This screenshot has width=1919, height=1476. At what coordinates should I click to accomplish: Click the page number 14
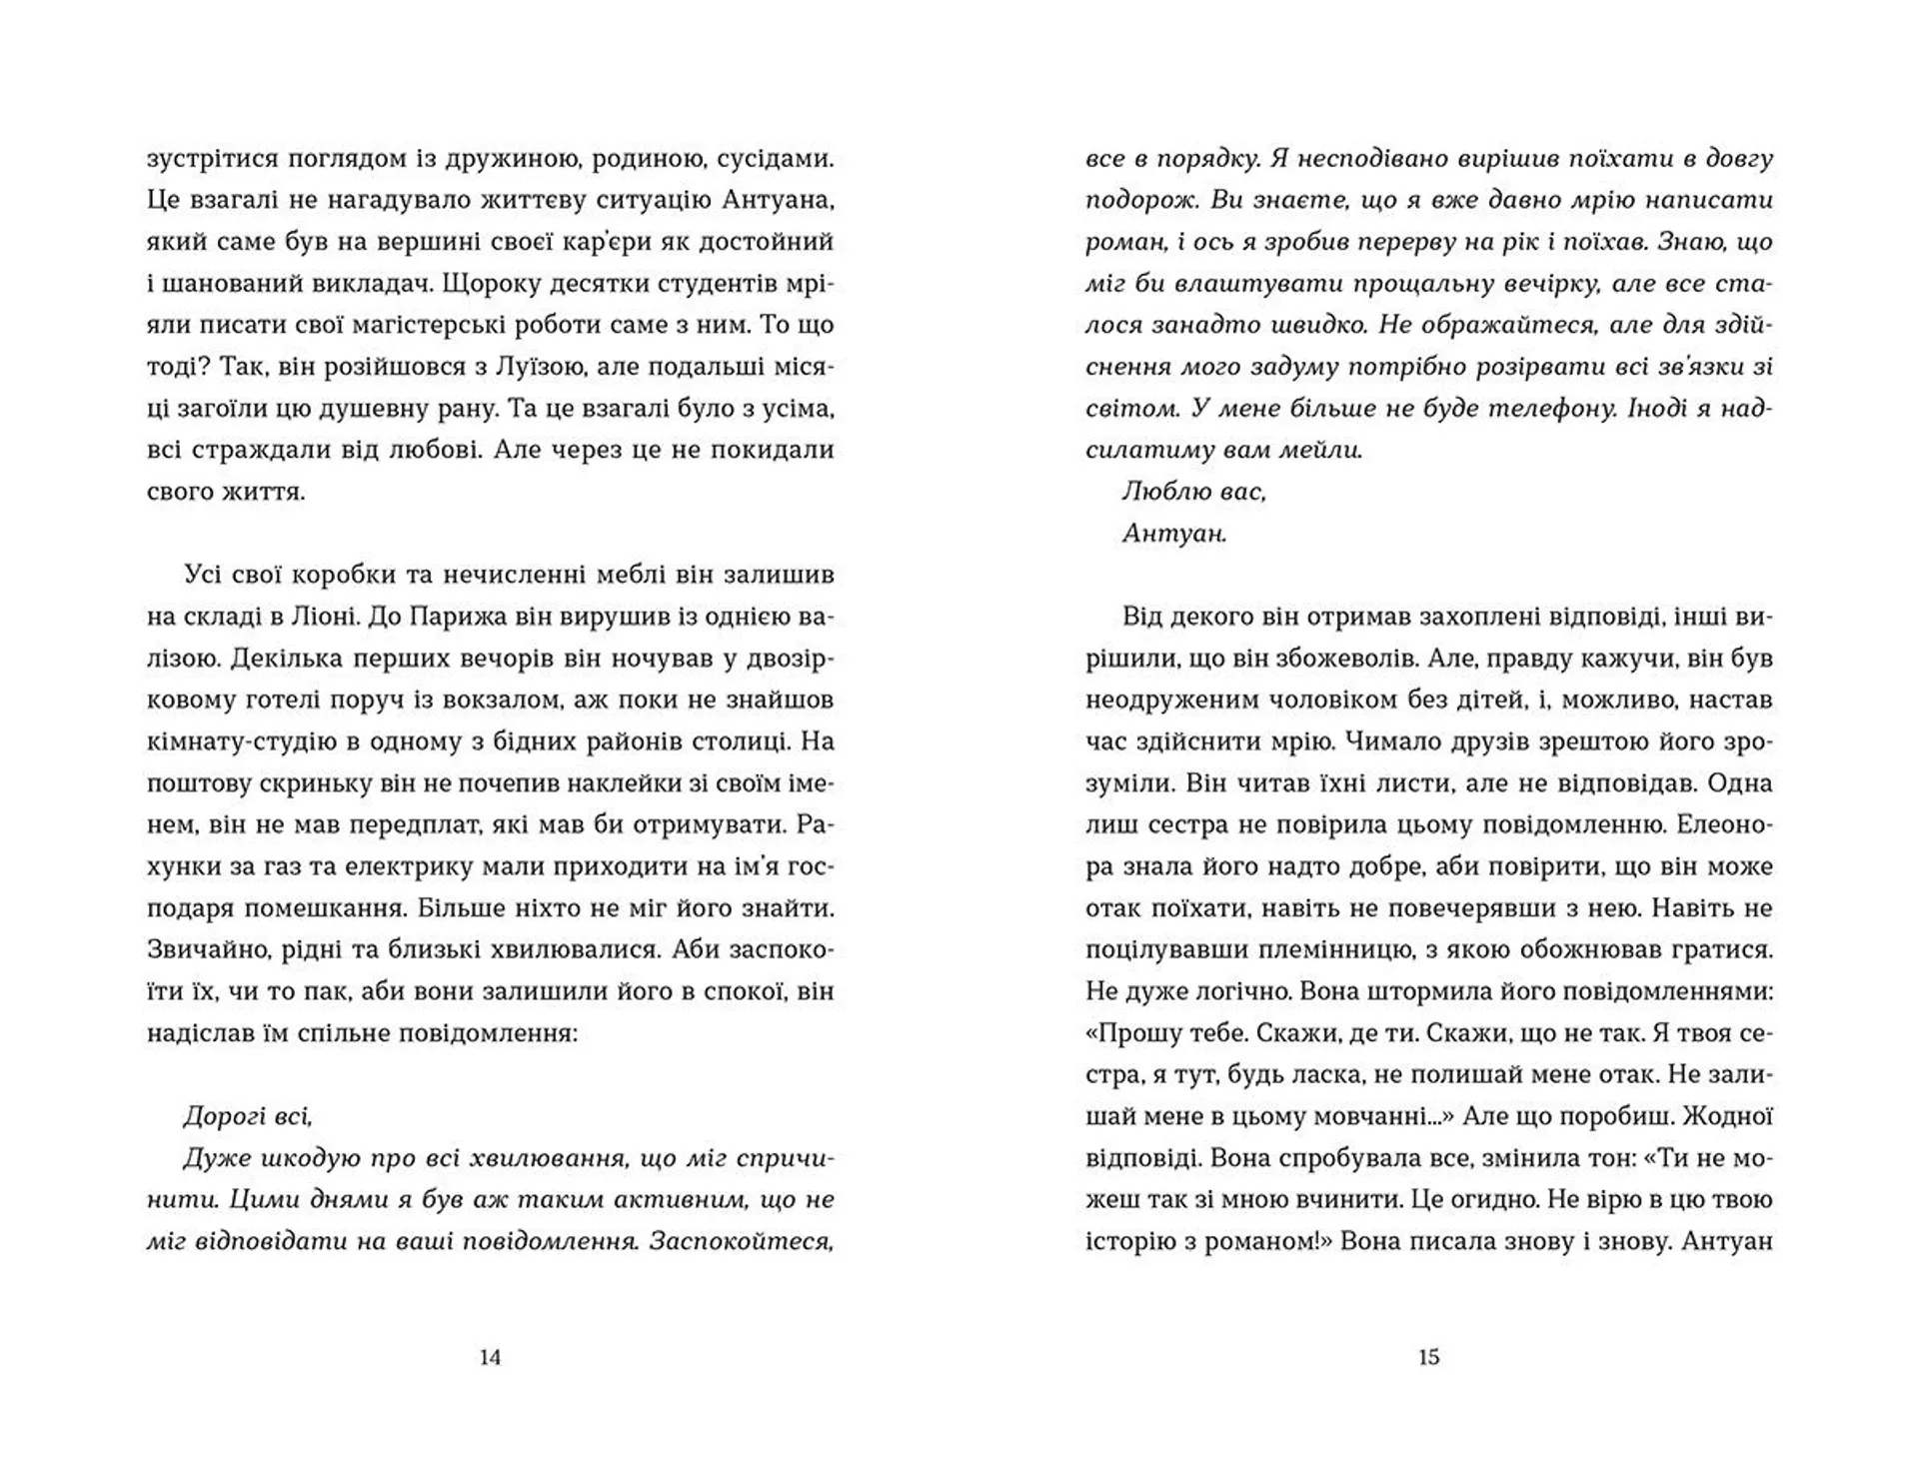coord(490,1357)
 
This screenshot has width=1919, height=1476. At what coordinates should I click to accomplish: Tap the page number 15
coord(1428,1357)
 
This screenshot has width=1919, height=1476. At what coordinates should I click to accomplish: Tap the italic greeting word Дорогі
coord(223,1115)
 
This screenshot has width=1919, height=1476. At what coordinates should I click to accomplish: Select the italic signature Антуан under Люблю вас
coord(1174,533)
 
